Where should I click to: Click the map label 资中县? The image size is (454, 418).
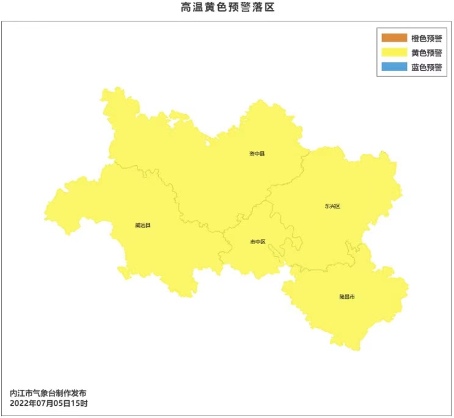(x=257, y=154)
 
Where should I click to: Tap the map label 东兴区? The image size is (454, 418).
(x=332, y=206)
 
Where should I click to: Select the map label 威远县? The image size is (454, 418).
(x=142, y=225)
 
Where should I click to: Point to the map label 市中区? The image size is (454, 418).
(x=258, y=242)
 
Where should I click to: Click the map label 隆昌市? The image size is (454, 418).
(x=347, y=297)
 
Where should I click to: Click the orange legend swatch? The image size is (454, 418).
(x=394, y=38)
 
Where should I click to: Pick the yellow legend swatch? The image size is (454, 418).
(x=394, y=53)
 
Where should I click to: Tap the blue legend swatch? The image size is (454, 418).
(x=394, y=68)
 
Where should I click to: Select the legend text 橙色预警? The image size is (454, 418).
(x=427, y=38)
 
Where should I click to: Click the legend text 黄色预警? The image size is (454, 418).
(x=427, y=53)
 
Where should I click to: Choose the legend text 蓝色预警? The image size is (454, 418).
(x=427, y=68)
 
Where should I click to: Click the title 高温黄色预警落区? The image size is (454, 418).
(x=225, y=8)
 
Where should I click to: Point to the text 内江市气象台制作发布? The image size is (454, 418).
(x=53, y=394)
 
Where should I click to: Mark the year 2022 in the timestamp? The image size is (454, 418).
(x=20, y=404)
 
